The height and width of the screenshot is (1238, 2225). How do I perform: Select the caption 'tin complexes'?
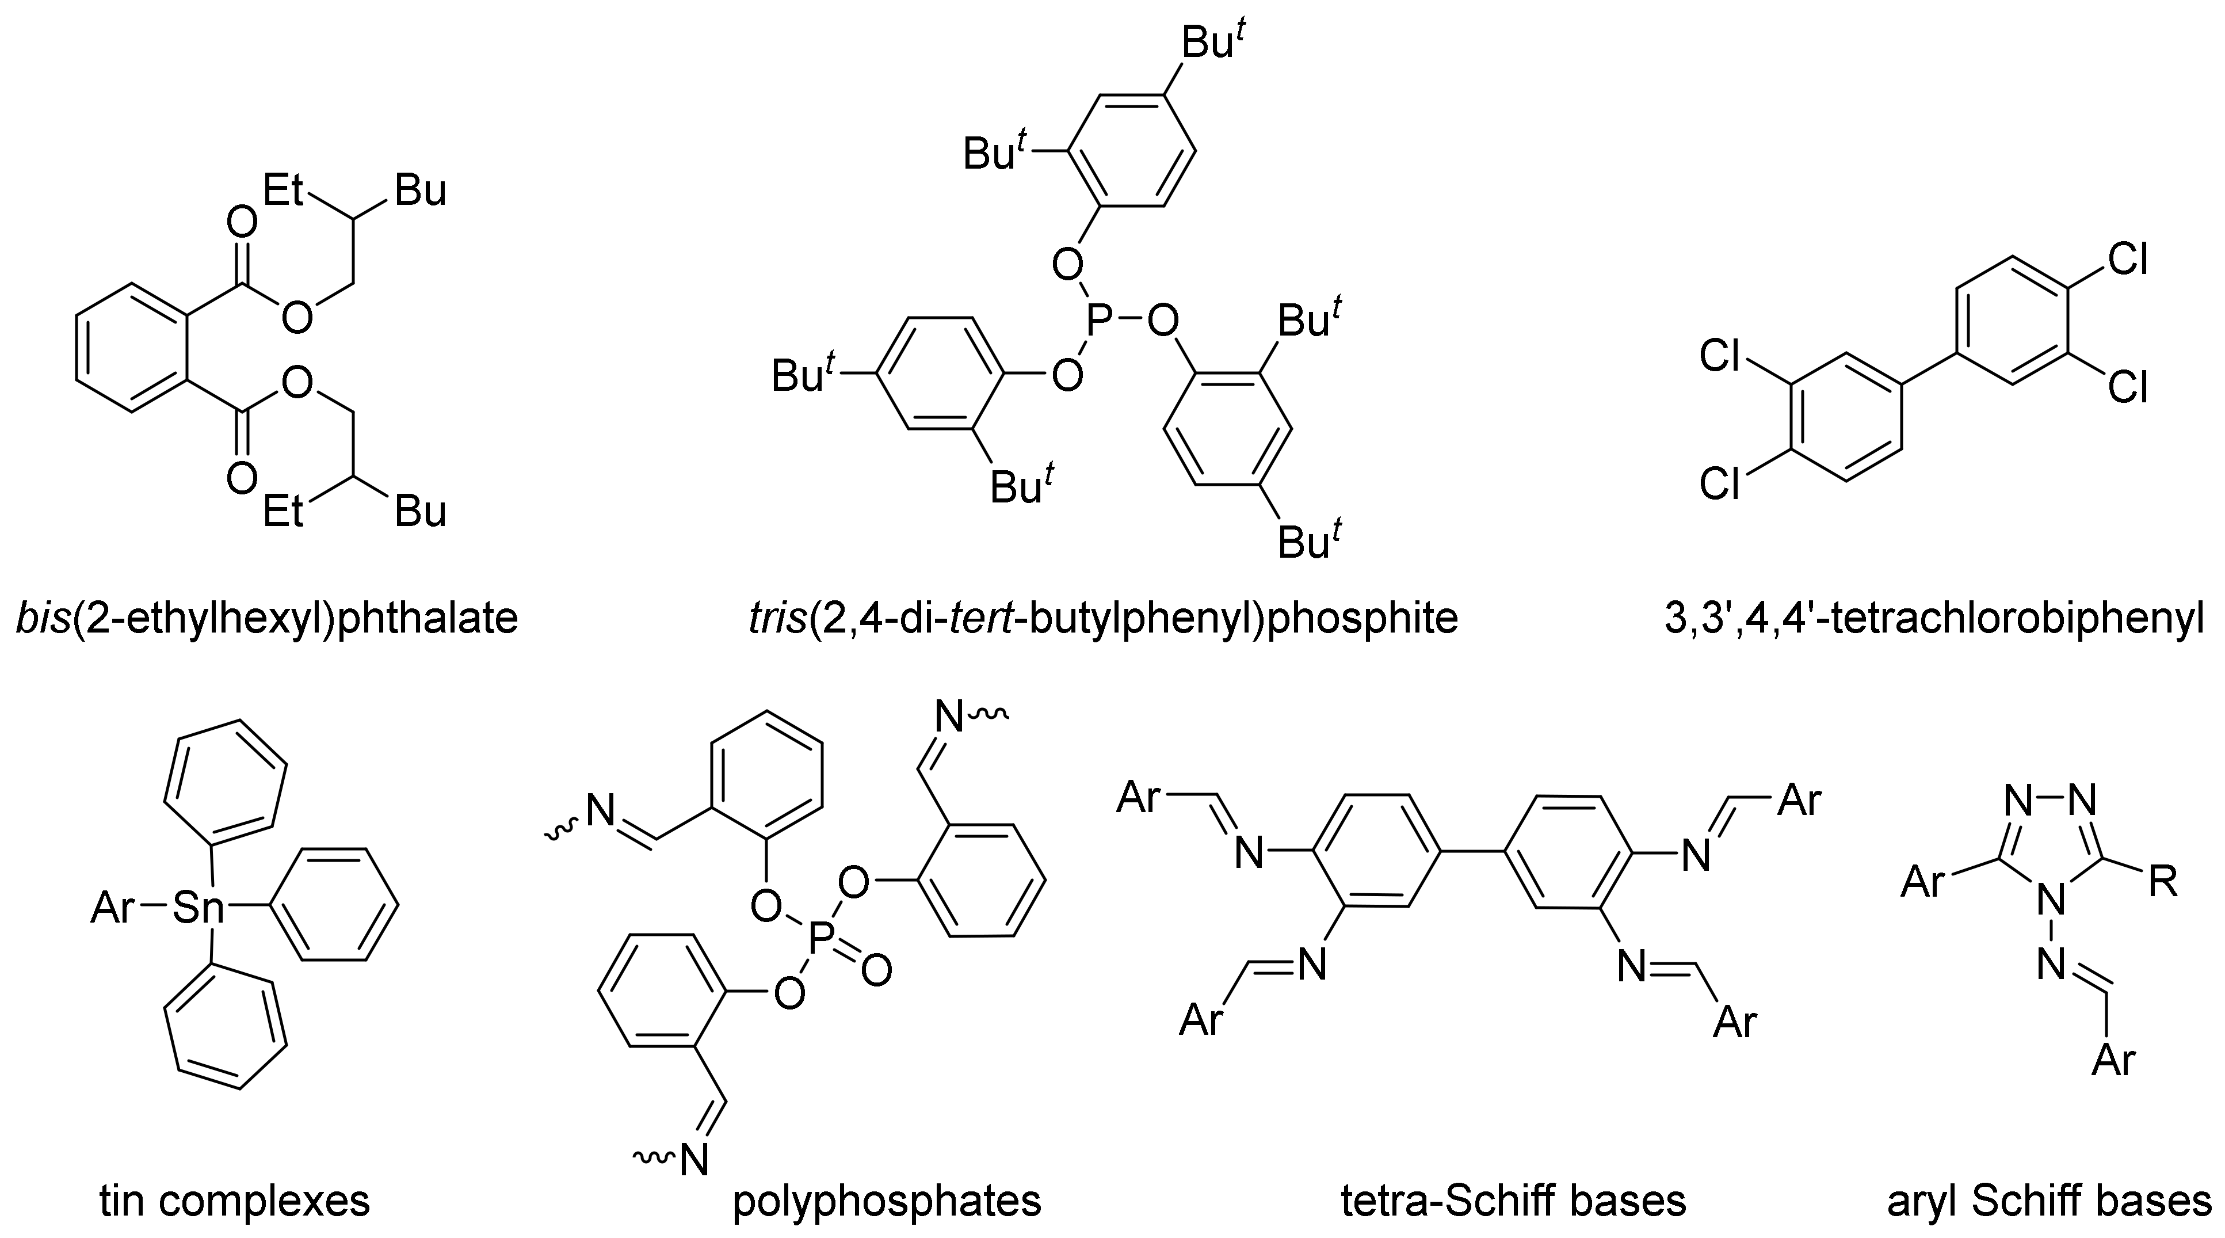click(x=235, y=1201)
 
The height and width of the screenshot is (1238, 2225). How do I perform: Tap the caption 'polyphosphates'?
click(x=887, y=1201)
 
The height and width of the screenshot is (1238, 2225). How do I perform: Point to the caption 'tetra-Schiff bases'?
click(x=1513, y=1201)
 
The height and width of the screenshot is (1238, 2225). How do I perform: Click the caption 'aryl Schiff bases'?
click(x=2049, y=1201)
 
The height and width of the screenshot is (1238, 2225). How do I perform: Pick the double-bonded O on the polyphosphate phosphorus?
click(x=875, y=970)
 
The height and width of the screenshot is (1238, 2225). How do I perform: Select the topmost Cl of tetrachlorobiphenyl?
click(x=2127, y=258)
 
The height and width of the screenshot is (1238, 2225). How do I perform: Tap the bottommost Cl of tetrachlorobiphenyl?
click(x=1719, y=485)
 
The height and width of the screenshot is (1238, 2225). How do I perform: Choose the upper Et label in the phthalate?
click(x=284, y=190)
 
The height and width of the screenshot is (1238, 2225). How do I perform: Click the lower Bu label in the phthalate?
click(x=421, y=512)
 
